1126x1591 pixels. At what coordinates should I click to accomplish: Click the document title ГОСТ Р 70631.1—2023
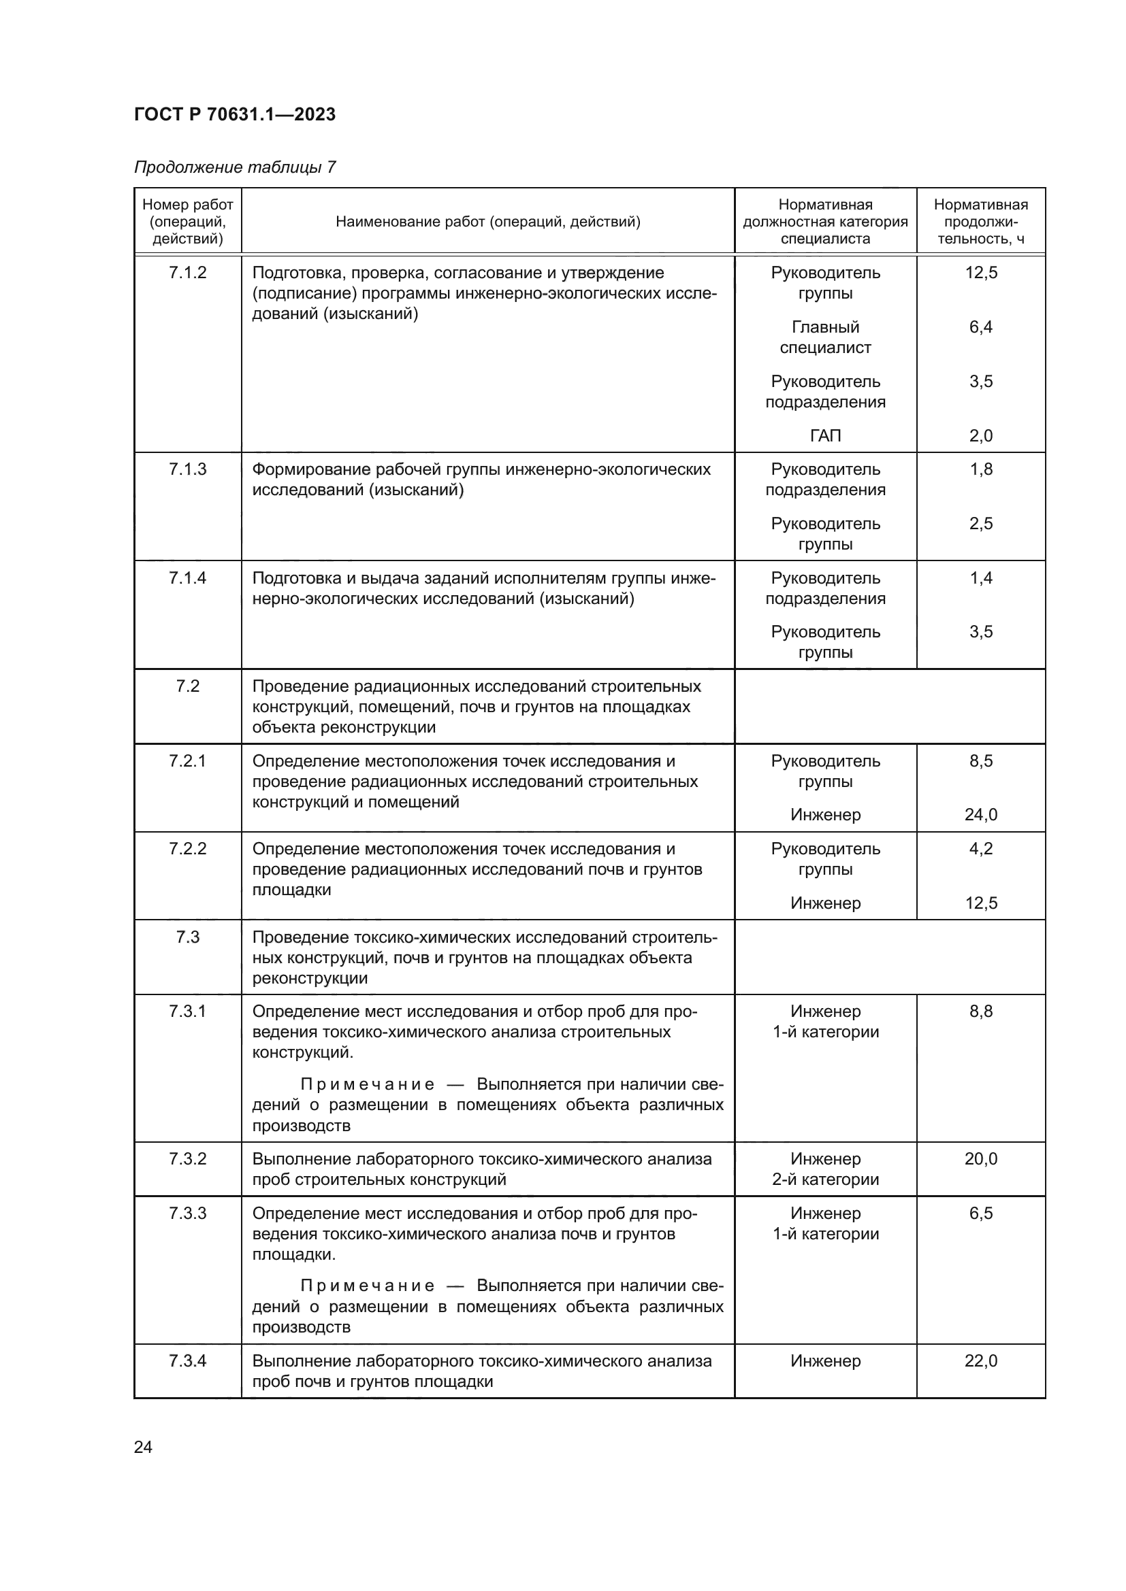point(234,114)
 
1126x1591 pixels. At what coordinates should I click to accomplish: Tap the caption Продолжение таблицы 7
point(234,167)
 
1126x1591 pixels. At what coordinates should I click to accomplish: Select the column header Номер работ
point(187,221)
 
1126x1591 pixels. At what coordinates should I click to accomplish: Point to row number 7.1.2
point(187,272)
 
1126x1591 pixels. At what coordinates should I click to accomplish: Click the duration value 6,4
point(980,326)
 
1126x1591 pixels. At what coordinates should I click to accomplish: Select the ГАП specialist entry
point(825,436)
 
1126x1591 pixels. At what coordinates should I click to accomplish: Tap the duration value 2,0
point(980,436)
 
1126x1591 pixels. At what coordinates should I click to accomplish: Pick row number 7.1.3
point(187,469)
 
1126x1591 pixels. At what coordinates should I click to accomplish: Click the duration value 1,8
point(980,469)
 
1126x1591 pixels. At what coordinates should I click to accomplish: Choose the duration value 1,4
point(980,578)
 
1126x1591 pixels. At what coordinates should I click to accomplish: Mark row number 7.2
point(187,686)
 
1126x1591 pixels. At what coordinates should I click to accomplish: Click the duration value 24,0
point(980,815)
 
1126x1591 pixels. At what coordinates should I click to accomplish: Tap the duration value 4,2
point(980,849)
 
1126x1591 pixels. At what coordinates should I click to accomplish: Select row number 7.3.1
point(187,1011)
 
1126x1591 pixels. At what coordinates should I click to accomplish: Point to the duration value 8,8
point(980,1011)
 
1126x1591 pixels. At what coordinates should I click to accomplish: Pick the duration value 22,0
point(980,1361)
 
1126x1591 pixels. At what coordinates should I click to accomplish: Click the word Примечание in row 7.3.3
point(368,1286)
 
